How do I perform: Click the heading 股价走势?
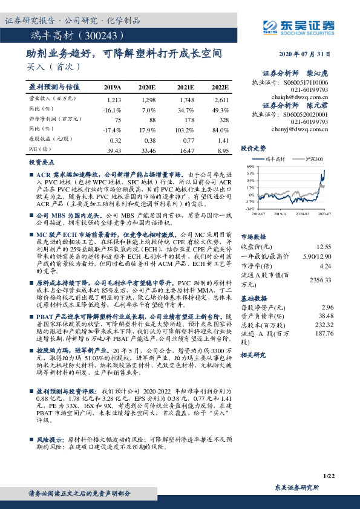[x=254, y=148]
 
